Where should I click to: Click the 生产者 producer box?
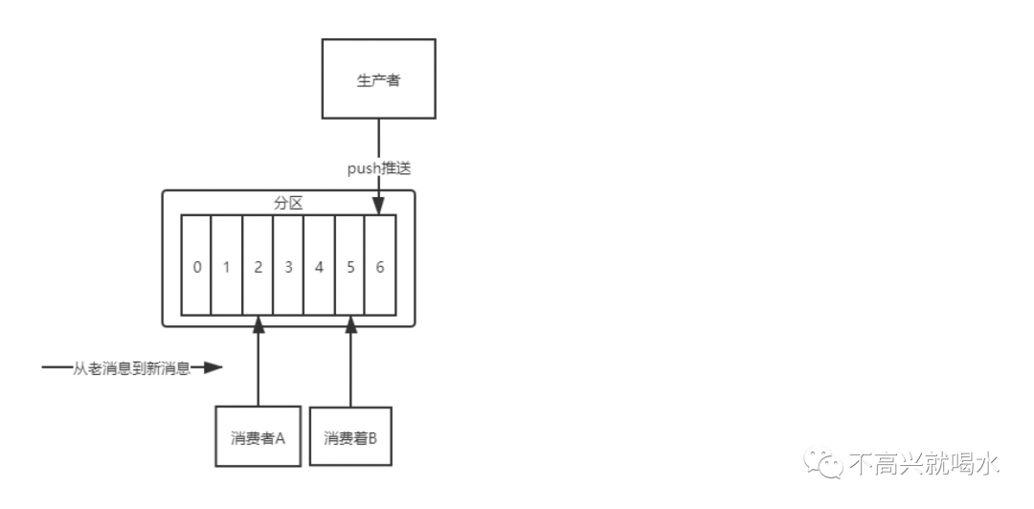click(x=378, y=78)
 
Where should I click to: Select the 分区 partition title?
click(x=288, y=204)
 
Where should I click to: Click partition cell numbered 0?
click(x=196, y=267)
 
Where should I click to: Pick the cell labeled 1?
click(x=227, y=267)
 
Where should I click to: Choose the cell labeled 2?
click(x=258, y=267)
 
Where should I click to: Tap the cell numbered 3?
click(x=288, y=267)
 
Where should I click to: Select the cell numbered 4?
click(x=319, y=267)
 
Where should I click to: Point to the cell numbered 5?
click(x=349, y=267)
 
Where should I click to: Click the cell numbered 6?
click(x=380, y=267)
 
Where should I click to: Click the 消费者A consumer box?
click(x=258, y=438)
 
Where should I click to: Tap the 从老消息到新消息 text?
click(x=132, y=367)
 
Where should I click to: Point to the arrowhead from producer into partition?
click(x=379, y=207)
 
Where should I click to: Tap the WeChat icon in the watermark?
click(x=823, y=464)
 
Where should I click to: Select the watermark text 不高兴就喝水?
click(x=924, y=465)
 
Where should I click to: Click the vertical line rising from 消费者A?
click(x=258, y=373)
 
